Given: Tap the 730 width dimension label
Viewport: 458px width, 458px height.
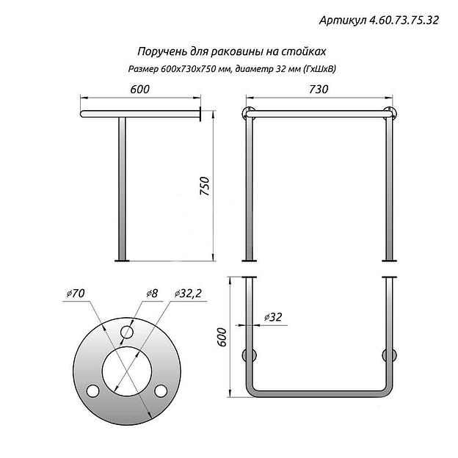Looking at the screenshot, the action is click(x=319, y=89).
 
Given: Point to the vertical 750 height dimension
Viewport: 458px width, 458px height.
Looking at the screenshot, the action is click(x=205, y=186).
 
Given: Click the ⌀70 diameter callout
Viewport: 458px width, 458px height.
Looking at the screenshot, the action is click(x=76, y=294).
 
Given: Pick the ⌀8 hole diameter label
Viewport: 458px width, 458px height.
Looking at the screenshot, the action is click(x=152, y=293).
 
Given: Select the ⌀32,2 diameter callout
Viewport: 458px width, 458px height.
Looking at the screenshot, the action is click(x=188, y=294).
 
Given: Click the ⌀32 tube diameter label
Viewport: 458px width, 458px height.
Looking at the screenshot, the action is click(x=273, y=317).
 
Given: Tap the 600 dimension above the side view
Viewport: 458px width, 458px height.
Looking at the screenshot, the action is click(x=140, y=89).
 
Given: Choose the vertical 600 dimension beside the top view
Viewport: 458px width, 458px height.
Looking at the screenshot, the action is click(x=222, y=337).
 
